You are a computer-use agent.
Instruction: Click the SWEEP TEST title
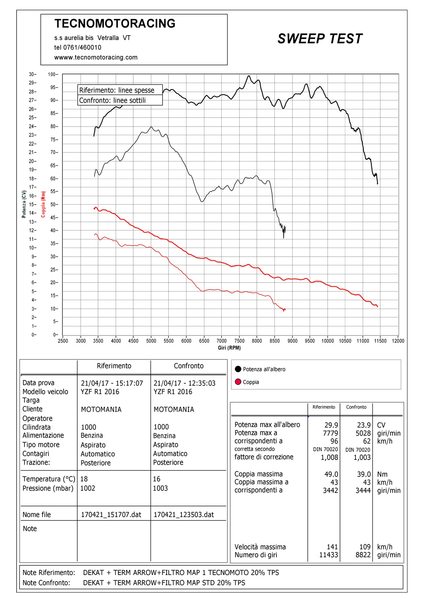coord(320,39)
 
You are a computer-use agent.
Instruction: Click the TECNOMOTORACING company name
coord(115,23)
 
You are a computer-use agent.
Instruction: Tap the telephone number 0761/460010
coord(82,48)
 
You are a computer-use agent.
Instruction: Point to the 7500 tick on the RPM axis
coord(239,341)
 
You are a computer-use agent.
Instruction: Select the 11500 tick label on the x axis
coord(380,341)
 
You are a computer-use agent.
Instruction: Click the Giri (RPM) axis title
coord(229,348)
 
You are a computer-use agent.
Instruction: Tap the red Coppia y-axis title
coord(43,204)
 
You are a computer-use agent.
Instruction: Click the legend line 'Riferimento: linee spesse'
coord(117,90)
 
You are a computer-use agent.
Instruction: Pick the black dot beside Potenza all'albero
coord(238,369)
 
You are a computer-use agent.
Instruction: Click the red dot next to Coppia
coord(238,382)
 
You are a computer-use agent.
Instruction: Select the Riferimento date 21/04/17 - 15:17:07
coord(112,383)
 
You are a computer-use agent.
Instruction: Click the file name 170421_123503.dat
coord(184,515)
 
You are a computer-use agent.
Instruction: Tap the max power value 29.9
coord(331,425)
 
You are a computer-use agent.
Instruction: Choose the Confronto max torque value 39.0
coord(364,474)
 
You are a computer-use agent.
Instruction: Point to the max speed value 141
coord(332,547)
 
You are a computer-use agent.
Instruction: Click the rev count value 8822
coord(363,555)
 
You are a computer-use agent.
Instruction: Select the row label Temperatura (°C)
coord(49,479)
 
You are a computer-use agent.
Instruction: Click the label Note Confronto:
coord(46,583)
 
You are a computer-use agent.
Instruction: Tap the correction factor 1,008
coord(330,457)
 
